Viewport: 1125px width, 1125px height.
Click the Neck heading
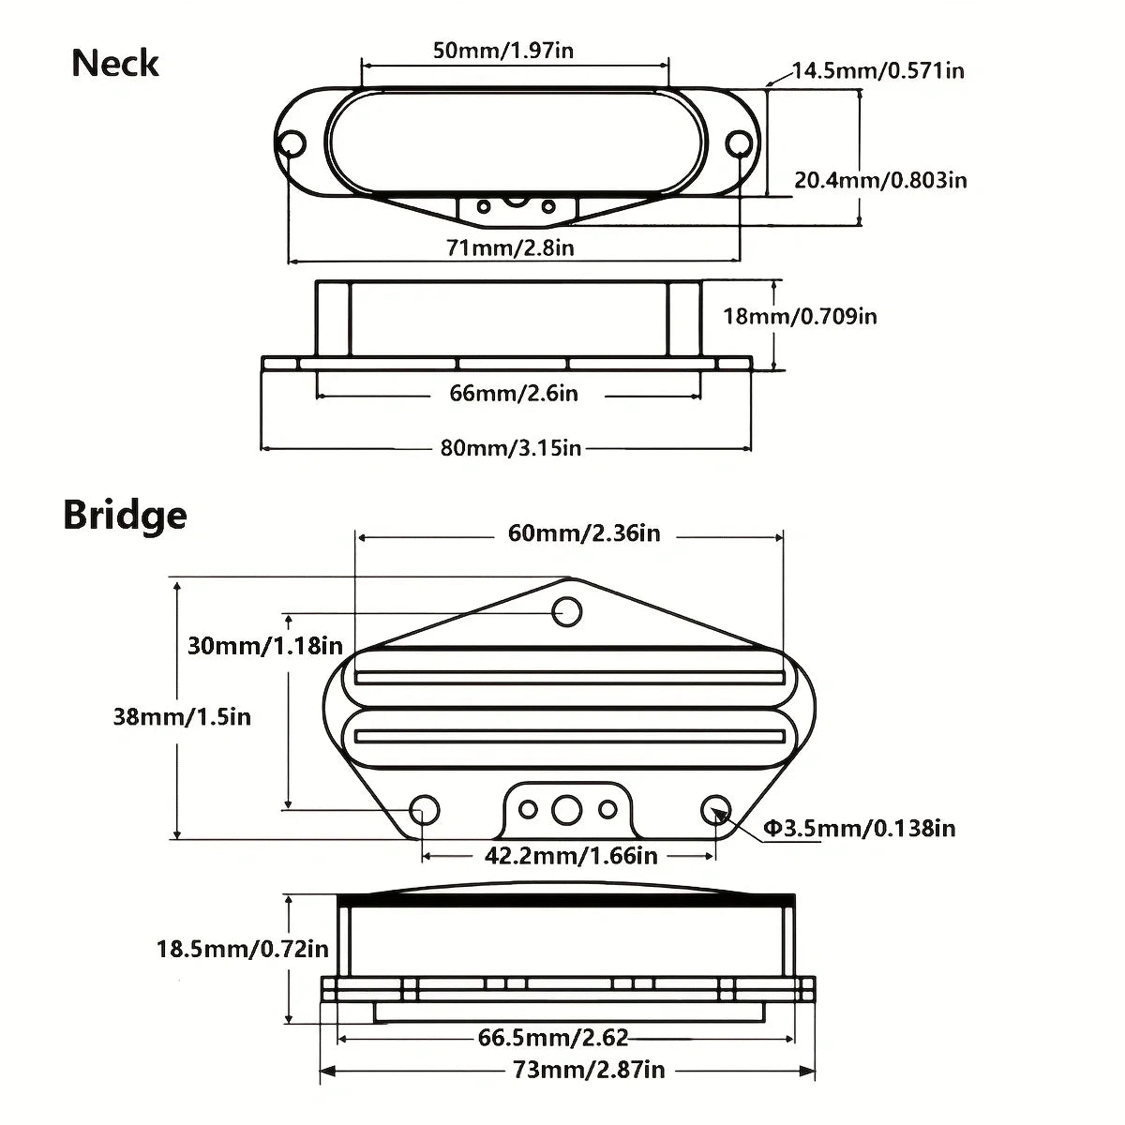pyautogui.click(x=114, y=64)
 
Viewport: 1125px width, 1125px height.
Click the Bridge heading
pyautogui.click(x=125, y=515)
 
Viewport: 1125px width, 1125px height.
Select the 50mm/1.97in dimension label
pyautogui.click(x=503, y=50)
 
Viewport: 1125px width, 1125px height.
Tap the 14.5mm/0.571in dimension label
pyautogui.click(x=878, y=70)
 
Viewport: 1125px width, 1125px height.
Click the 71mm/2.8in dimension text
pyautogui.click(x=510, y=247)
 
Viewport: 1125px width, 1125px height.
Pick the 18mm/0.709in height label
pyautogui.click(x=800, y=316)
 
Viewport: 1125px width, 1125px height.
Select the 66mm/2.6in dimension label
pyautogui.click(x=513, y=393)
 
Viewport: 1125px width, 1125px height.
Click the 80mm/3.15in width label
pyautogui.click(x=511, y=448)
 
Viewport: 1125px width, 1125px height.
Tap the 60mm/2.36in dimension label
pyautogui.click(x=583, y=533)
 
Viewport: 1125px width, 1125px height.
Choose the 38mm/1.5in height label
pyautogui.click(x=182, y=716)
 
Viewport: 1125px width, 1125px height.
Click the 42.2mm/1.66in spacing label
pyautogui.click(x=571, y=855)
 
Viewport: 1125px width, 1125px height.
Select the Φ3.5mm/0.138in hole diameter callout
pyautogui.click(x=859, y=828)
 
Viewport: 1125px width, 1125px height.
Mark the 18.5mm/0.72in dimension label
pyautogui.click(x=243, y=949)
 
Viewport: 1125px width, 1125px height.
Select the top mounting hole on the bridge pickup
pyautogui.click(x=567, y=611)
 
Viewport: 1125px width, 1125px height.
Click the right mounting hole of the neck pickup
pyautogui.click(x=740, y=143)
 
